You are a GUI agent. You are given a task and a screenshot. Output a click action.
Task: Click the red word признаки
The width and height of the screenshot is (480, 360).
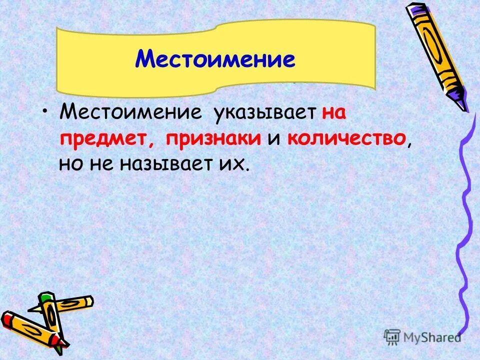click(214, 138)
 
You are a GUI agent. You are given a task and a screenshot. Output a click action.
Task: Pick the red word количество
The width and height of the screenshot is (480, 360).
click(346, 138)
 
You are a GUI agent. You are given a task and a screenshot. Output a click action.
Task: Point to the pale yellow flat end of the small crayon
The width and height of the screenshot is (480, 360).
click(89, 300)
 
